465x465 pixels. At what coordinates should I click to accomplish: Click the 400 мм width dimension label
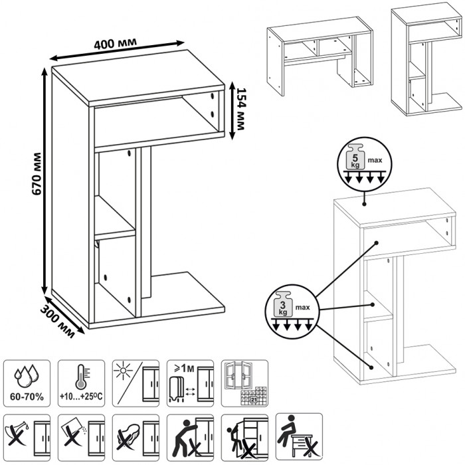coord(116,44)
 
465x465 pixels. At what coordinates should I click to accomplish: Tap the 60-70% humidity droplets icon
coord(27,383)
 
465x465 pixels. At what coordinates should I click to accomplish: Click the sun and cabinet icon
coord(136,383)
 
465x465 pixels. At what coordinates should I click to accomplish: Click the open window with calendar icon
coord(244,383)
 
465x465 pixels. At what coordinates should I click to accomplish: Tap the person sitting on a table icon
coord(300,436)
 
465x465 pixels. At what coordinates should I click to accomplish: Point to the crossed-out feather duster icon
coord(136,436)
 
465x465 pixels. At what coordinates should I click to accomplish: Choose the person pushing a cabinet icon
coord(190,436)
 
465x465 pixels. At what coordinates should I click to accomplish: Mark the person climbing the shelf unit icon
coord(244,436)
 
